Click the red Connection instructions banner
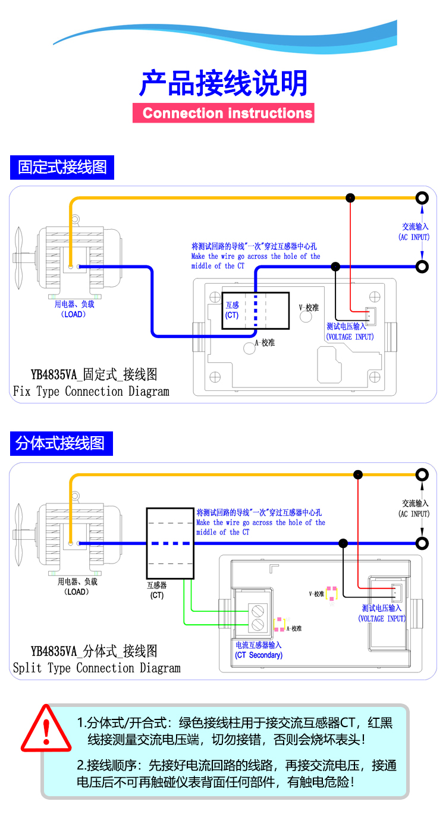coord(224,112)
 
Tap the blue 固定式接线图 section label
coord(62,167)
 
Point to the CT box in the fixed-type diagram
coord(256,310)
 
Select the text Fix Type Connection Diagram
coord(91,392)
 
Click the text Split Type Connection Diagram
coord(96,668)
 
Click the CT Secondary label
coord(259,655)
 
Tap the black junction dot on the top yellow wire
coord(351,198)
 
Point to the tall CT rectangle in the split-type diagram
coord(171,543)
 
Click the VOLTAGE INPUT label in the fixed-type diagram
coord(350,337)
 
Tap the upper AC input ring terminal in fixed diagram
coord(422,198)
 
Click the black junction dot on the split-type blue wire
coord(343,543)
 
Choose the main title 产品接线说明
coord(224,83)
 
